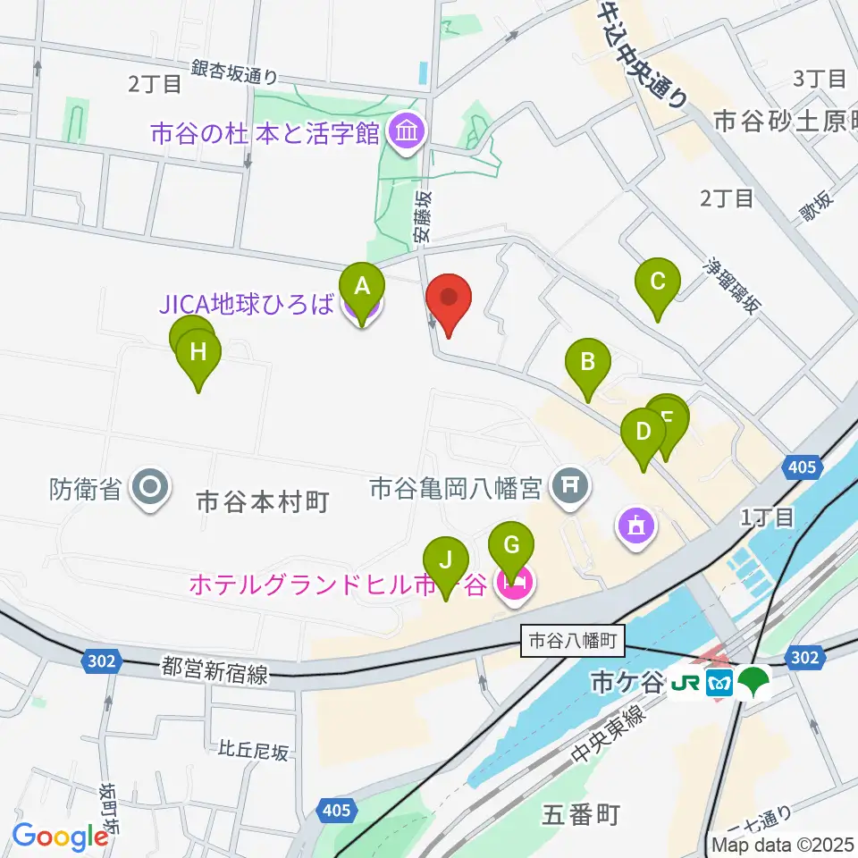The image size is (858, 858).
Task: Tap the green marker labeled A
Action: tap(362, 289)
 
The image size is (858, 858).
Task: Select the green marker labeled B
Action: tap(588, 364)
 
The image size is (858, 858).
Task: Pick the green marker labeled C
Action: tap(658, 283)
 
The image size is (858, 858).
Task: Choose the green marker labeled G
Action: tap(511, 546)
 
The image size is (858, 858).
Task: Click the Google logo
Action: tap(61, 837)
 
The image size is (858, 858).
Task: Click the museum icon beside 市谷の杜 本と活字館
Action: tap(408, 133)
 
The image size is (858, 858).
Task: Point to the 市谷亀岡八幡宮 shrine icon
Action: tap(570, 488)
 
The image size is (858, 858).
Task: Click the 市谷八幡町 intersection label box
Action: tap(572, 640)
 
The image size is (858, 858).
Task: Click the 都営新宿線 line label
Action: tap(214, 670)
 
